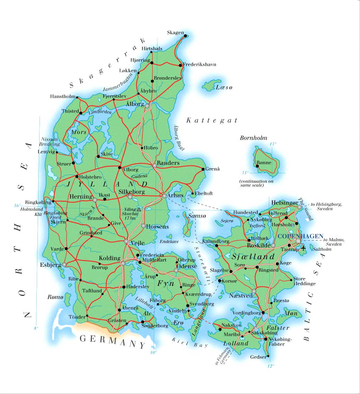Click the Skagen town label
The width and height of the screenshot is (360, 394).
point(175,33)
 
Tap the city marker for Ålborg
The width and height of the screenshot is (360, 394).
point(147,106)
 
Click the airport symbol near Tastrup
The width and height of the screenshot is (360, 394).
point(304,248)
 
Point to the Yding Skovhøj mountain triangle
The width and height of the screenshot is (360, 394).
point(139,209)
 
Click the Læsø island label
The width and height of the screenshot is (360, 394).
point(224,87)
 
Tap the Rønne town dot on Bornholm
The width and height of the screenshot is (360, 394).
point(257,166)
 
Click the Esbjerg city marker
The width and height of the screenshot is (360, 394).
point(64,264)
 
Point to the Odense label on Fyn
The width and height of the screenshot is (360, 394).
point(187,266)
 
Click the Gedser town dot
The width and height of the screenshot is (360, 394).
point(268,356)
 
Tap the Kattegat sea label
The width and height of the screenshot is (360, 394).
point(212,121)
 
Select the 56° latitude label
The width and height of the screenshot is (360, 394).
point(17,205)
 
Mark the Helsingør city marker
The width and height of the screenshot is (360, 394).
point(299,207)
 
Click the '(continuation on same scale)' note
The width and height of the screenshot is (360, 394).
point(254,183)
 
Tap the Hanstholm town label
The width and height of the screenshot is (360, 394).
point(62,97)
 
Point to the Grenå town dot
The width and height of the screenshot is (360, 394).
point(203,169)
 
